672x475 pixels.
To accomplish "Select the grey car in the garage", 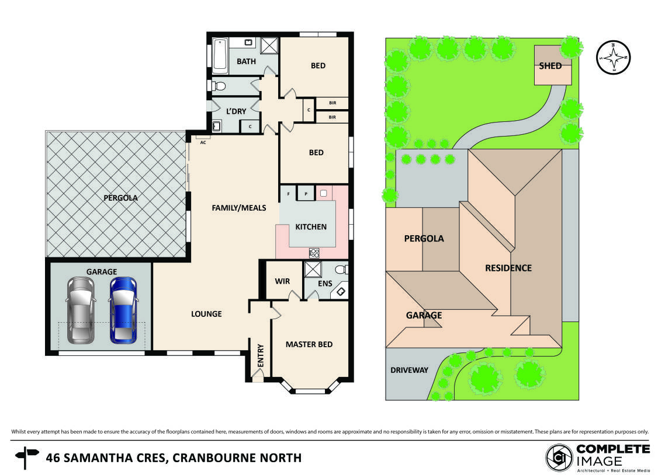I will [81, 309].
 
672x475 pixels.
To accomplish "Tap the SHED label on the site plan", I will [550, 65].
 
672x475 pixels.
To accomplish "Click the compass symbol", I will [614, 58].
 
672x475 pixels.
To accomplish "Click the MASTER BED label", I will [309, 344].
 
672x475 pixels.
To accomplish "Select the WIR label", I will [282, 281].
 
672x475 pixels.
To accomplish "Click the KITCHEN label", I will [310, 226].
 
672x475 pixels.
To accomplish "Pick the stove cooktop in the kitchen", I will [314, 253].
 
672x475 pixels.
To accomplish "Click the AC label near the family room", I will [203, 142].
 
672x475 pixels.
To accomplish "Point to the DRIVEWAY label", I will [409, 370].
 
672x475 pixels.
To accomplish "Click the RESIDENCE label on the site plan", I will [508, 268].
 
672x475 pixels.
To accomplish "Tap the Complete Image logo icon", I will [559, 457].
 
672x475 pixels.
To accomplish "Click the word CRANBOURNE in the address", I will [217, 457].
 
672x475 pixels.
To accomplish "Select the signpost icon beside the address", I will [26, 457].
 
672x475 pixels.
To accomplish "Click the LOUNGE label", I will [206, 314].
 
